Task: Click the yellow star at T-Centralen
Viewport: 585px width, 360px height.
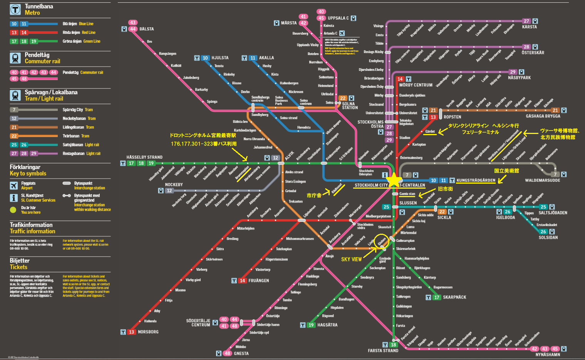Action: click(x=394, y=180)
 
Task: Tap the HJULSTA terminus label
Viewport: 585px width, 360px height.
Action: click(x=220, y=58)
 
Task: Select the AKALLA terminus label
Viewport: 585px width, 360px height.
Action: click(x=267, y=58)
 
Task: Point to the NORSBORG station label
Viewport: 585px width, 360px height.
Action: click(x=148, y=332)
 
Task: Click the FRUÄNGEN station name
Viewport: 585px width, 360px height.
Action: click(x=259, y=281)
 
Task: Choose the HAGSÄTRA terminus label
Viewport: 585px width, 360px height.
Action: click(x=327, y=325)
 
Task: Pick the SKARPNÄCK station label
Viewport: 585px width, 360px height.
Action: click(x=454, y=297)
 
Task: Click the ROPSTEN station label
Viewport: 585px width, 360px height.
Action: click(x=452, y=117)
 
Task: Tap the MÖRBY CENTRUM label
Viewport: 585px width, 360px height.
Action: click(x=416, y=85)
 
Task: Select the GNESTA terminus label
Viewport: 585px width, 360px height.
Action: click(x=241, y=353)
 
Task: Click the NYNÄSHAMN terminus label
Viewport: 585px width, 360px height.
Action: click(x=548, y=355)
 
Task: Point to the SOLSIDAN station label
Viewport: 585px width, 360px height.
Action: click(x=548, y=238)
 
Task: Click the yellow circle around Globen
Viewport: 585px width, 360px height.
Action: click(x=382, y=241)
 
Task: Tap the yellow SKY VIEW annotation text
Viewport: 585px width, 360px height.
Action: click(x=351, y=260)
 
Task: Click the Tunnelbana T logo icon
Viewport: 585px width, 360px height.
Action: click(x=15, y=10)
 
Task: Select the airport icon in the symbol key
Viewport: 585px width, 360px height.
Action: click(x=14, y=186)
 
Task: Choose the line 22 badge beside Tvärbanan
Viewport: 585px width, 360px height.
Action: click(x=14, y=136)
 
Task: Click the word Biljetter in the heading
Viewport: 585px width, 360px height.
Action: click(x=20, y=261)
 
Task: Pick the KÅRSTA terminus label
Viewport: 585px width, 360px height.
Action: click(x=529, y=27)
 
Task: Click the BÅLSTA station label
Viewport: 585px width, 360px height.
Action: click(x=146, y=29)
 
